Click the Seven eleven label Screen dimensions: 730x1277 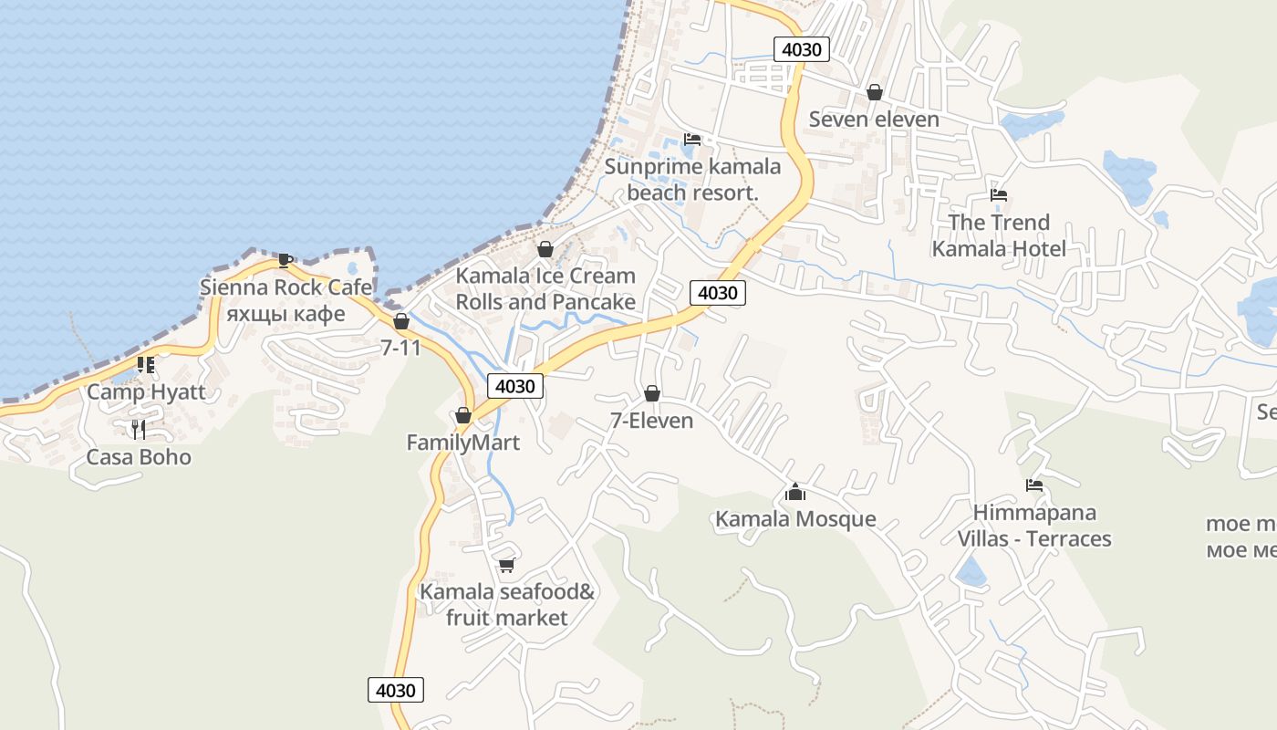click(874, 120)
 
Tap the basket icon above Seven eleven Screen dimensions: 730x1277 click(875, 92)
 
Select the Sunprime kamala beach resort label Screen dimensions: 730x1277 click(692, 180)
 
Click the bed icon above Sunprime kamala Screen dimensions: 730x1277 click(692, 140)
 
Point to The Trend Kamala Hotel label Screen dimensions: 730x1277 click(999, 235)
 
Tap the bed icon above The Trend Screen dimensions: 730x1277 click(999, 195)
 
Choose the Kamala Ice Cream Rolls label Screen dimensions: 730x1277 click(545, 288)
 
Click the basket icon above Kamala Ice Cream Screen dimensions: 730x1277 click(545, 249)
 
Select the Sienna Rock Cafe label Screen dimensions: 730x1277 click(286, 287)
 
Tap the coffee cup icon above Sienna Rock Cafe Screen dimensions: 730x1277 click(286, 260)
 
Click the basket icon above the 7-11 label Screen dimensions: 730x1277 click(401, 321)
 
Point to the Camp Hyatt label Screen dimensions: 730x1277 click(146, 392)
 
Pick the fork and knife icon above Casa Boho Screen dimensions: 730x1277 click(139, 429)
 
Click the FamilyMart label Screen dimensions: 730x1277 click(462, 443)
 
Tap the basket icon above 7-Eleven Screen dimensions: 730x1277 click(652, 393)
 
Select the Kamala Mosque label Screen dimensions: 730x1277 click(795, 519)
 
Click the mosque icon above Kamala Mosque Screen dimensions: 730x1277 click(795, 493)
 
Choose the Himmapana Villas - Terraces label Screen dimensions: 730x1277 click(1034, 526)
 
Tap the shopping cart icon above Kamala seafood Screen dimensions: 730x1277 click(507, 565)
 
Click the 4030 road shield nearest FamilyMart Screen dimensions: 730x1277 click(515, 386)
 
